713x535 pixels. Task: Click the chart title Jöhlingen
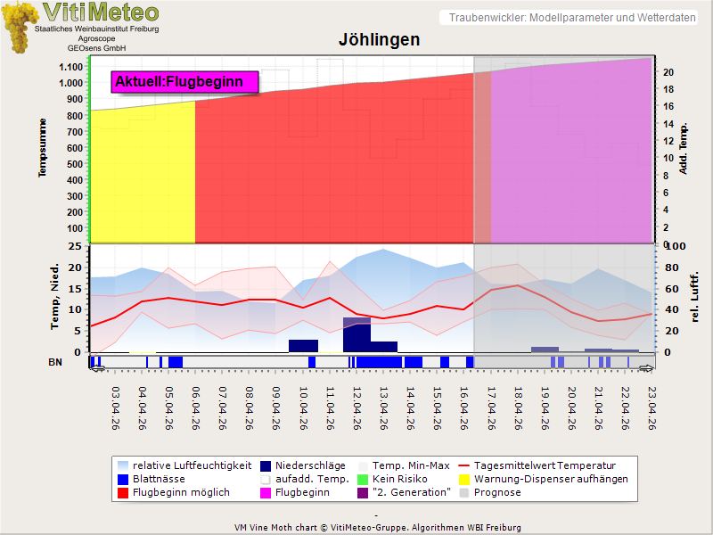pos(379,40)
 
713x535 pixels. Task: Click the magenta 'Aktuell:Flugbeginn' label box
pos(184,82)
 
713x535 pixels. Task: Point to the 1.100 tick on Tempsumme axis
pos(70,67)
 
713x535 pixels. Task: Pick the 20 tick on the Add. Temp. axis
pos(668,72)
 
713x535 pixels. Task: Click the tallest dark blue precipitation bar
pos(356,334)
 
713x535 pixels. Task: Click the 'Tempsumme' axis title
pos(42,148)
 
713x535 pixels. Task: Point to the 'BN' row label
pos(55,361)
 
